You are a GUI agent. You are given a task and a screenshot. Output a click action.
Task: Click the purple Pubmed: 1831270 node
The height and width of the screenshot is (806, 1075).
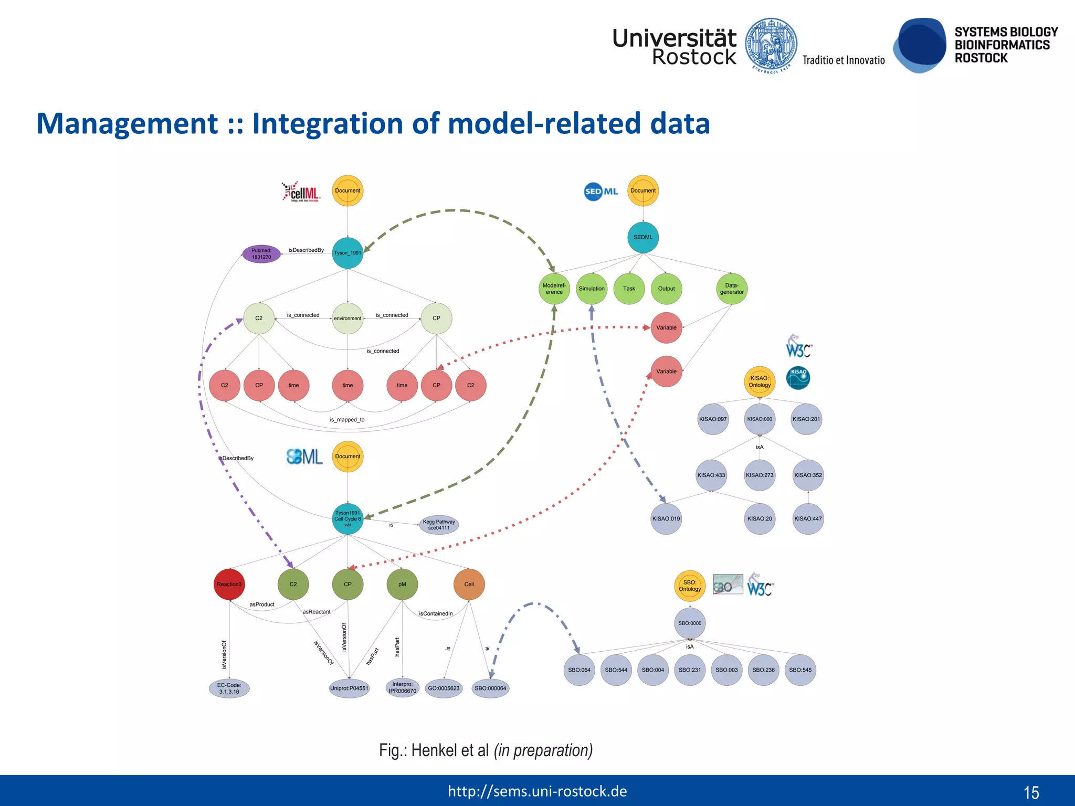(x=261, y=254)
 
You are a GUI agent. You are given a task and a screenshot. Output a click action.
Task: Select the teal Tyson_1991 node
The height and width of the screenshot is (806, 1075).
(x=347, y=253)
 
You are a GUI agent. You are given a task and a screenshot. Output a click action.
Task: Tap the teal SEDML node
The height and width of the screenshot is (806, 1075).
(x=642, y=237)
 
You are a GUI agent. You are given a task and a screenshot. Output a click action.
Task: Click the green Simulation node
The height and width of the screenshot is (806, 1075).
(x=592, y=289)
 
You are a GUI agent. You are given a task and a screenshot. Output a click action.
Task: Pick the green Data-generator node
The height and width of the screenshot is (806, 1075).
(x=732, y=289)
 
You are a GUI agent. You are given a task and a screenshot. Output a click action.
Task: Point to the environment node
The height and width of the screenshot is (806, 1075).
(x=347, y=318)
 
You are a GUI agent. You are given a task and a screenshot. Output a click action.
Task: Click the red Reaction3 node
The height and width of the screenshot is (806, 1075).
(x=229, y=584)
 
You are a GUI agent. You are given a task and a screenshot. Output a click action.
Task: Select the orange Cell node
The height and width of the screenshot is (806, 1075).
(x=469, y=584)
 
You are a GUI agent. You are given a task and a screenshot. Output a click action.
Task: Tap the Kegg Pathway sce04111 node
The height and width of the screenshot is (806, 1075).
(x=439, y=525)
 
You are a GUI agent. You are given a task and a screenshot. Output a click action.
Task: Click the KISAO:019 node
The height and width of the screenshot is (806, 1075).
(x=666, y=518)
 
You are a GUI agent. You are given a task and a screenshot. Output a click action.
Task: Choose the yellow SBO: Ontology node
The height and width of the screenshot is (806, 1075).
(x=690, y=586)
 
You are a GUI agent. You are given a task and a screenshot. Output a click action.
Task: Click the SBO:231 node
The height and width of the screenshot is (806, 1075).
(x=690, y=670)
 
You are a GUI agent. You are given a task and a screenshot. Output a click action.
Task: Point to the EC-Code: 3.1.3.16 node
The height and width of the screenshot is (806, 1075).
(x=229, y=688)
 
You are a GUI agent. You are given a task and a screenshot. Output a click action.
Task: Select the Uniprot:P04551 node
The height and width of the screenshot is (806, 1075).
(x=349, y=688)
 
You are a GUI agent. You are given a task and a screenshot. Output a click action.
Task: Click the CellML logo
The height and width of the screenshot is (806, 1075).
(x=301, y=192)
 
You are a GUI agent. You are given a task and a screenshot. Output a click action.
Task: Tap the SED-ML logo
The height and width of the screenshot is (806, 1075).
(x=601, y=192)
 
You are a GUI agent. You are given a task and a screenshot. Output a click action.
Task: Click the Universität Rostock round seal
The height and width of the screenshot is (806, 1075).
(x=771, y=45)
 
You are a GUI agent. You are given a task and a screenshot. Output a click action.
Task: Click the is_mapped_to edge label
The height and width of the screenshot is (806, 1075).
(x=347, y=420)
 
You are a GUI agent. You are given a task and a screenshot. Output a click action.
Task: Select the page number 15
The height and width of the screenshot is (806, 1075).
(x=1031, y=792)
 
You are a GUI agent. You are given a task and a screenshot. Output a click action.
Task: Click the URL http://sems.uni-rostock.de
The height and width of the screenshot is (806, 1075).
(x=537, y=791)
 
